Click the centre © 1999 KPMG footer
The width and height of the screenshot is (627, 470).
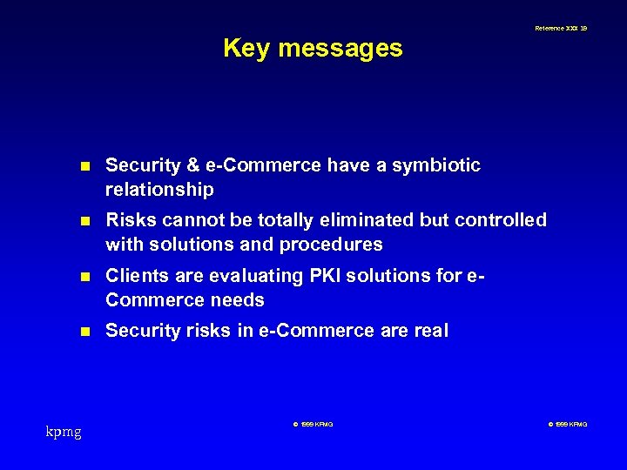tap(313, 424)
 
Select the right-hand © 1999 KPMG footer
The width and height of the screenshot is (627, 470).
tap(568, 424)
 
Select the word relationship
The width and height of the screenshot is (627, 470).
tap(159, 189)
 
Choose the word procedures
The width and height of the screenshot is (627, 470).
tap(335, 245)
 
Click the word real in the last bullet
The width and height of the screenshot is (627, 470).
tap(431, 331)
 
